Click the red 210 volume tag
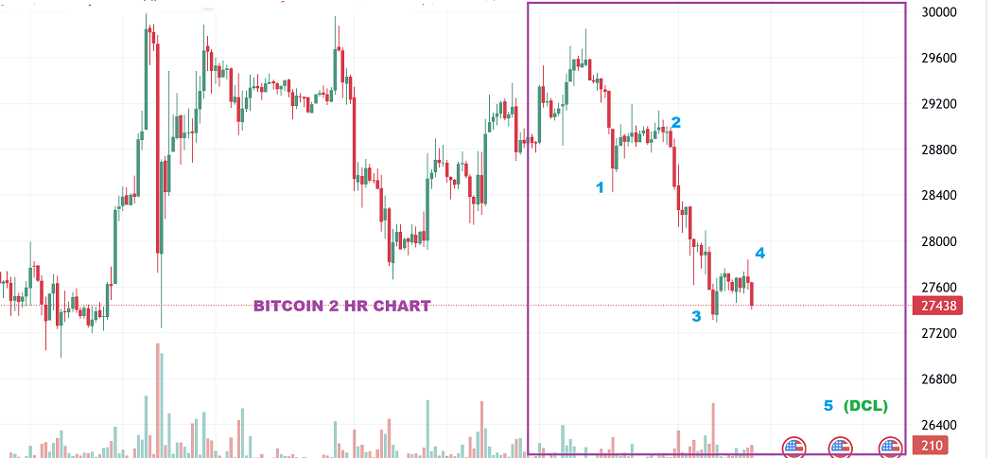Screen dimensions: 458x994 tap(932, 446)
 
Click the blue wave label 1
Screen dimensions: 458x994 tap(599, 187)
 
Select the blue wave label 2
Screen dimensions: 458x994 tap(675, 122)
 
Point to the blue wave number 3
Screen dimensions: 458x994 tap(696, 316)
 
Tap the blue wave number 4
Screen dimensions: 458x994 tap(759, 253)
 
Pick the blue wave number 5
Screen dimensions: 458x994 tap(828, 406)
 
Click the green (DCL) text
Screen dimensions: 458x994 tap(865, 406)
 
